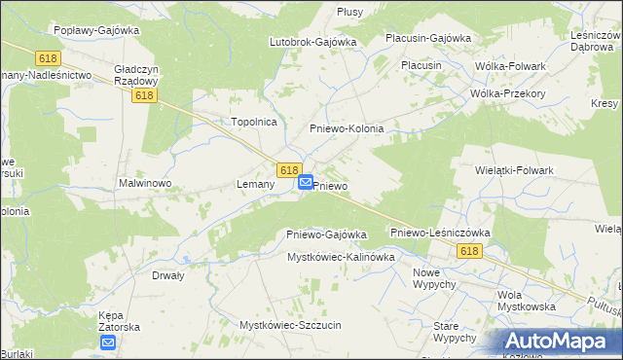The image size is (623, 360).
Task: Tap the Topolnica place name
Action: point(254,122)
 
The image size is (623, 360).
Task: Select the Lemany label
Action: point(256,184)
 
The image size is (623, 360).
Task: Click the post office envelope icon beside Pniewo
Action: point(306,182)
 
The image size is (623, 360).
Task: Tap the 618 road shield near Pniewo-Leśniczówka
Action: point(468,251)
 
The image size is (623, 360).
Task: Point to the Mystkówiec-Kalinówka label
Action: point(340,257)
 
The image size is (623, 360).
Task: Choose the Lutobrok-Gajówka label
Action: point(313,43)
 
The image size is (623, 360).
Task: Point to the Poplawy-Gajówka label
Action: point(97,30)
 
